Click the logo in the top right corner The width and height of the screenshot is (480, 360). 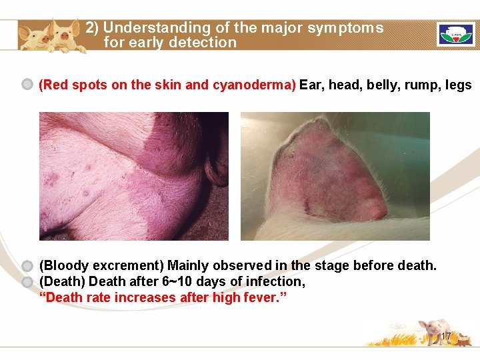[x=455, y=35]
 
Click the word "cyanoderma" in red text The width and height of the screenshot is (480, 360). [x=252, y=85]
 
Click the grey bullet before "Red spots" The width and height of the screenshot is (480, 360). [x=27, y=85]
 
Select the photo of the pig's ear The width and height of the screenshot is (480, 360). [x=335, y=176]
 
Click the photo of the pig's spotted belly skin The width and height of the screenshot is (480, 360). [x=133, y=176]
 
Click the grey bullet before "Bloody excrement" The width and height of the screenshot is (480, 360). [x=27, y=266]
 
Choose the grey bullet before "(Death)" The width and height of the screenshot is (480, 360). [x=27, y=282]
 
